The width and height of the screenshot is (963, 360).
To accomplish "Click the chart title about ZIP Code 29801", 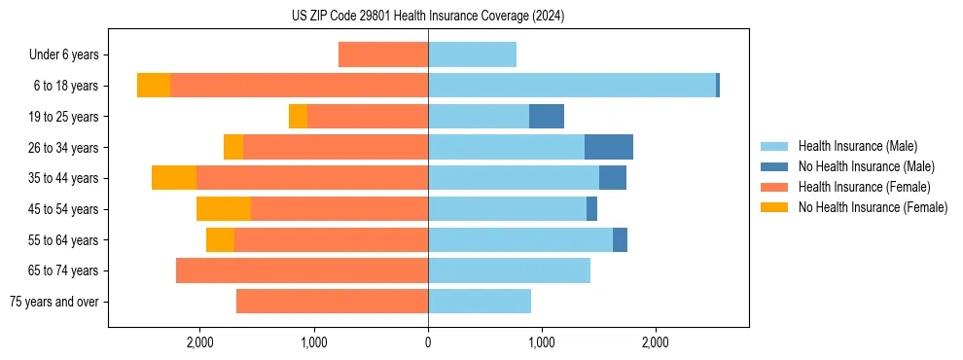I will coord(428,17).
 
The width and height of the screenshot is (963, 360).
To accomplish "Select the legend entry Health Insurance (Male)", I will coord(857,146).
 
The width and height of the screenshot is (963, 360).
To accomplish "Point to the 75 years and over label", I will coord(54,302).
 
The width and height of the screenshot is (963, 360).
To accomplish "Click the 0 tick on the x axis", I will coord(428,342).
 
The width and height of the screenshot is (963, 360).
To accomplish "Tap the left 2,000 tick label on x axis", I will coord(199,342).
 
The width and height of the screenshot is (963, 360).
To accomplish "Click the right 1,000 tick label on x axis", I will coord(542,342).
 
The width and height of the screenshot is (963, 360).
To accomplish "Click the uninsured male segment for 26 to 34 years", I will coord(609,147).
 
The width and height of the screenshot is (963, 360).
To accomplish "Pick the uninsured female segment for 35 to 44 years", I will coord(174,178).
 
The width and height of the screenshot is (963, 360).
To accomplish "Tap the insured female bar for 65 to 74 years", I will coord(302,270).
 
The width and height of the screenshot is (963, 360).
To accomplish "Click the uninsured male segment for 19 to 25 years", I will coord(547,117).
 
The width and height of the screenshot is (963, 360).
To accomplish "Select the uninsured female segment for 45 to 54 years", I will coord(224,209).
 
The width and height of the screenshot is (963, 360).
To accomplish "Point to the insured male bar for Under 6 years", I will coord(472,55).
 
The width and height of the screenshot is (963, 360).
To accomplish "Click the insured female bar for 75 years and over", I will coord(332,302).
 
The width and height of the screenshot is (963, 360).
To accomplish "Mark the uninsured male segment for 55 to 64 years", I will coord(620,239).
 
